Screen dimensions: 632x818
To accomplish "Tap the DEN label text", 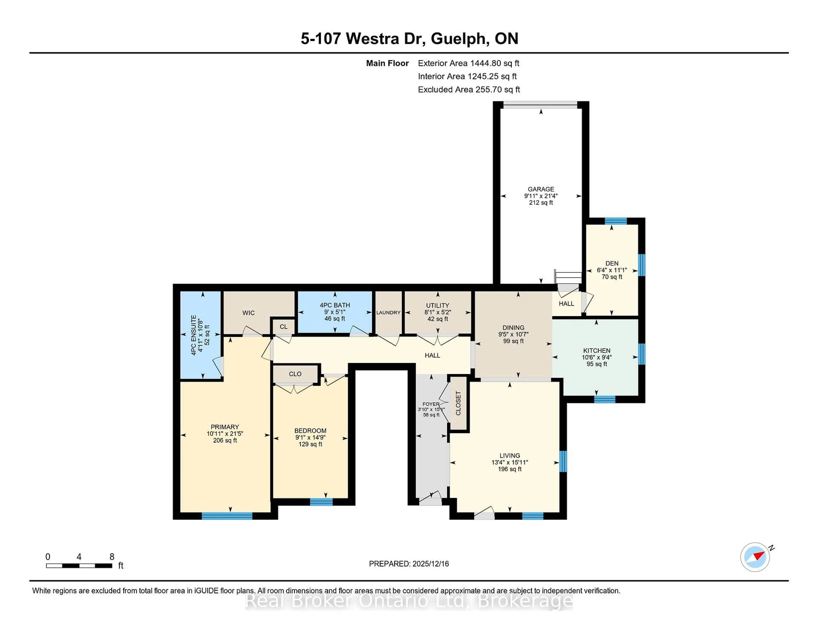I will click(612, 263).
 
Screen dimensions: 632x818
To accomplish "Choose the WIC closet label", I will click(248, 313).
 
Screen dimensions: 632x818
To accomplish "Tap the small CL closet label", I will click(284, 326).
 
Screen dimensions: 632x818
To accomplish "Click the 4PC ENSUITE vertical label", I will click(194, 335).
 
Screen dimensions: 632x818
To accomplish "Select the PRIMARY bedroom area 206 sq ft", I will click(225, 440).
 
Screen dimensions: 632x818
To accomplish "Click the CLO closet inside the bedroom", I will click(295, 374).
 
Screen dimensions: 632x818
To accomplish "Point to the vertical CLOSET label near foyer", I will click(458, 403).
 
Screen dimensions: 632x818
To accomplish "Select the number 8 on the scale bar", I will click(112, 557).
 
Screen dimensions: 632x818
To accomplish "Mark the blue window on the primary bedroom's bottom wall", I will click(227, 516).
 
